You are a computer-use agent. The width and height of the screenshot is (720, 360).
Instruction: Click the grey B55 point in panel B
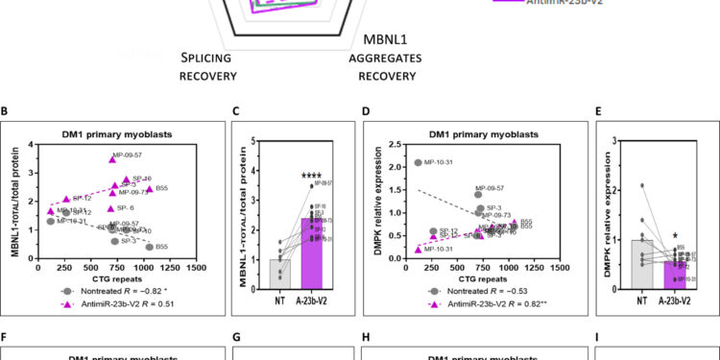coord(150,247)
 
